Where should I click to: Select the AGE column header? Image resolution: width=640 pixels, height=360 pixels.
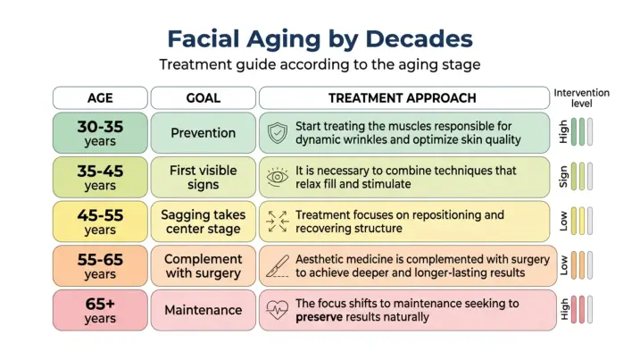pyautogui.click(x=100, y=98)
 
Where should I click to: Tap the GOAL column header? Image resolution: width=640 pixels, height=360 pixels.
pyautogui.click(x=203, y=98)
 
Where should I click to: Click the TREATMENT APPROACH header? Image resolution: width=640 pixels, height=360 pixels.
pyautogui.click(x=403, y=98)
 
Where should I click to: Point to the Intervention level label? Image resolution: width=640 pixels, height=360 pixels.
pyautogui.click(x=581, y=97)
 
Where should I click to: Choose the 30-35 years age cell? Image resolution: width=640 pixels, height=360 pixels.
pyautogui.click(x=100, y=132)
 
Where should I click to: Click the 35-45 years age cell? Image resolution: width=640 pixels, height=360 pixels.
pyautogui.click(x=100, y=177)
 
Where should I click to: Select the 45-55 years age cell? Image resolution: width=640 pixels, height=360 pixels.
pyautogui.click(x=100, y=222)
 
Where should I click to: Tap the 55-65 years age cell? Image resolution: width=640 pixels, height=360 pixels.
pyautogui.click(x=100, y=266)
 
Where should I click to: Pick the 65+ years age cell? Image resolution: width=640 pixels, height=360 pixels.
pyautogui.click(x=100, y=310)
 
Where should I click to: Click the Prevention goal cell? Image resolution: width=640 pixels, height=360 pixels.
pyautogui.click(x=203, y=132)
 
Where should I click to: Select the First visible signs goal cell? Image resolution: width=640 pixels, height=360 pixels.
pyautogui.click(x=203, y=177)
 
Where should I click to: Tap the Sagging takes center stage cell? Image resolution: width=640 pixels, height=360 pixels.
pyautogui.click(x=203, y=222)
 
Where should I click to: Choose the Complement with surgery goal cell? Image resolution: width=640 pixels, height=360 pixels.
pyautogui.click(x=203, y=266)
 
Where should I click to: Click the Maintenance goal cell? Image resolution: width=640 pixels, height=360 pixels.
pyautogui.click(x=203, y=310)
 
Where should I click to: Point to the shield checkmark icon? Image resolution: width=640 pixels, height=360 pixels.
pyautogui.click(x=278, y=133)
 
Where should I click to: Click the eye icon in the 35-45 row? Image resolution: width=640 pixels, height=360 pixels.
pyautogui.click(x=278, y=177)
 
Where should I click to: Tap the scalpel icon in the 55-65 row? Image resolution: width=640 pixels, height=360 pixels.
pyautogui.click(x=278, y=266)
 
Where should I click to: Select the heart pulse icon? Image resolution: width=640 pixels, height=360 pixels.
pyautogui.click(x=278, y=311)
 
